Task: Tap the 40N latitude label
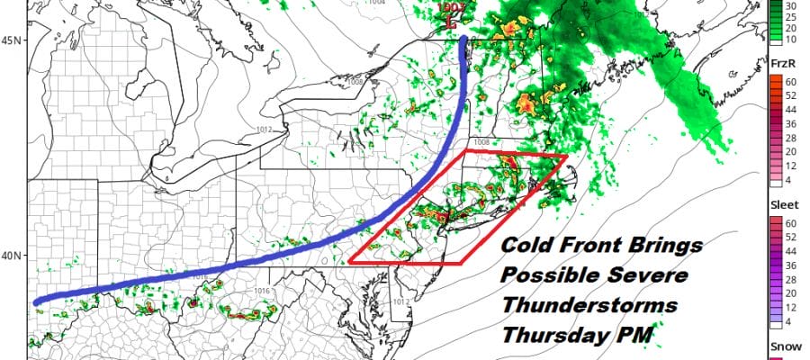[13, 256]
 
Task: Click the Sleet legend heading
[783, 204]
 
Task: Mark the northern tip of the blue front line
[463, 39]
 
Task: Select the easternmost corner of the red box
[567, 157]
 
